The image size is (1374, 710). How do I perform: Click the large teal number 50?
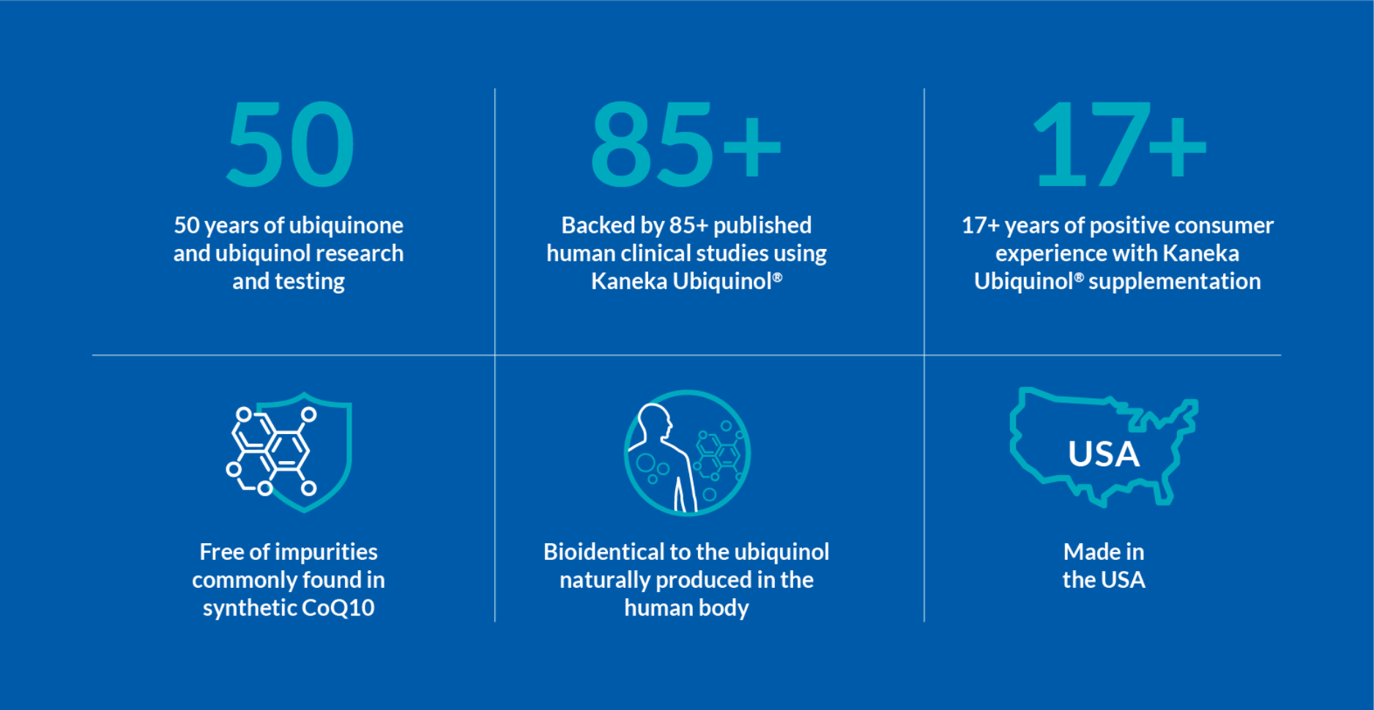coord(290,143)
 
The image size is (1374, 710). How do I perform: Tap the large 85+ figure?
coord(686,143)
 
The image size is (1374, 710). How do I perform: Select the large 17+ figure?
coord(1119,143)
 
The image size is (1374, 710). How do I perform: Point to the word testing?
coord(309,282)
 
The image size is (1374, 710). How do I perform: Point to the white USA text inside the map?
coord(1104,454)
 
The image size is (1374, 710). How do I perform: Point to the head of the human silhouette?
coord(654,420)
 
